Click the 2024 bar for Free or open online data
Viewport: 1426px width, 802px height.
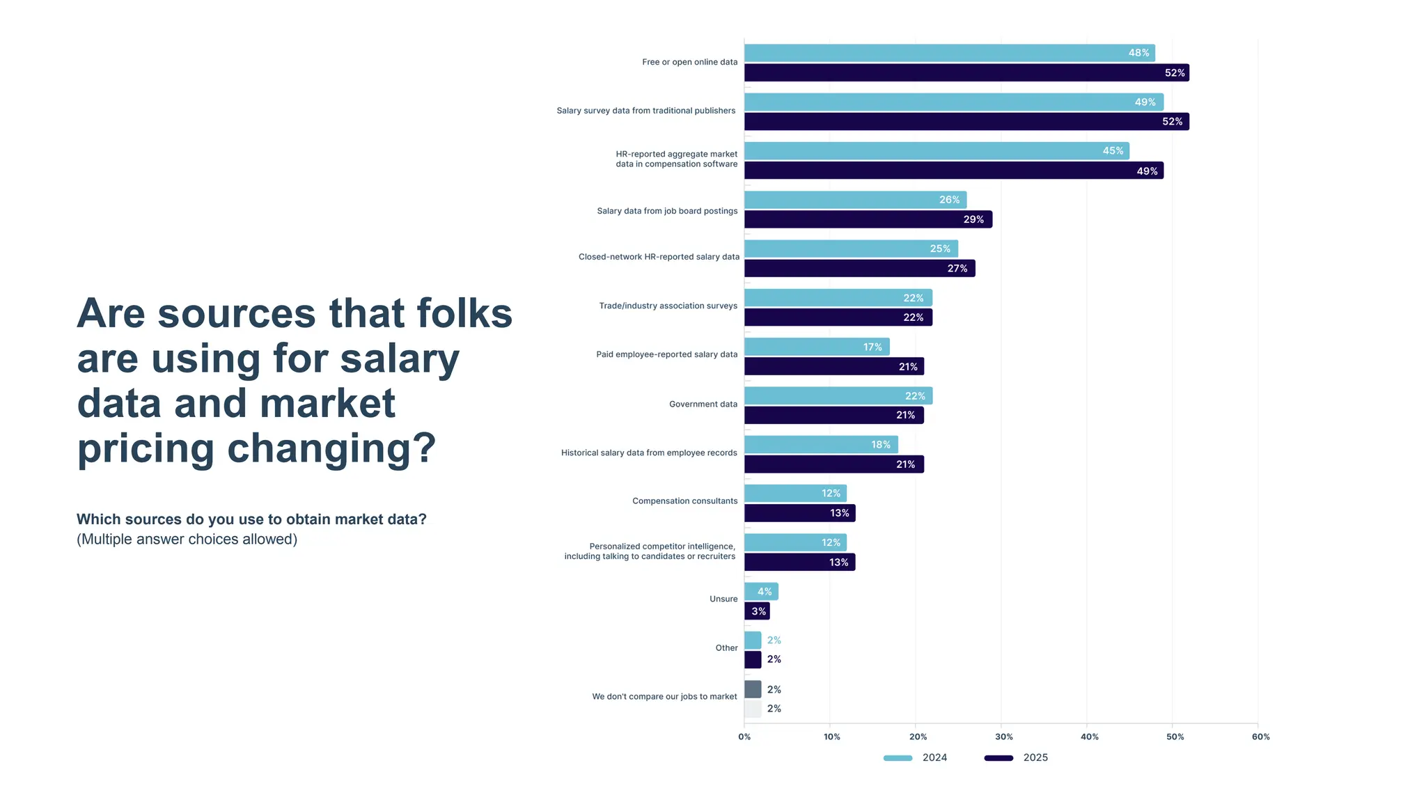coord(948,53)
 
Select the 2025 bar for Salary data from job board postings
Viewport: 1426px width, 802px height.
coord(868,219)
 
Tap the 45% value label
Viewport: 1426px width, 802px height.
coord(1112,151)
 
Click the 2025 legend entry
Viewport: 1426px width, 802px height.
coord(1016,757)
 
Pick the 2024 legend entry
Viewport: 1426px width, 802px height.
coord(915,757)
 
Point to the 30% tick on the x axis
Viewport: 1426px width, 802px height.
coord(1003,737)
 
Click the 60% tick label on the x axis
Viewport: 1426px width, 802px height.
coord(1260,737)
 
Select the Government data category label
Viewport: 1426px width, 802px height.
coord(703,404)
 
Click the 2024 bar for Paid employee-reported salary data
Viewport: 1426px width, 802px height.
coord(816,347)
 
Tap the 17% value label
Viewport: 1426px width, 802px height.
coord(872,347)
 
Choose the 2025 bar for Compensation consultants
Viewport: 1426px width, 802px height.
coord(799,513)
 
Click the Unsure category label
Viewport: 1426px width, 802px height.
coord(723,599)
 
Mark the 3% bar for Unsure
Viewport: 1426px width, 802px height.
coord(756,611)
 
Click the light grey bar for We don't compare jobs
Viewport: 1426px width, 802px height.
coord(753,709)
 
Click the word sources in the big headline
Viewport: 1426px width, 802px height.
coord(237,314)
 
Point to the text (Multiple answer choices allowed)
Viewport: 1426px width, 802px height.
coord(187,540)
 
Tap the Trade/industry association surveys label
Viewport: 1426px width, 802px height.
coord(668,306)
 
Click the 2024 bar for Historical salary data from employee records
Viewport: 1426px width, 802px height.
coord(820,444)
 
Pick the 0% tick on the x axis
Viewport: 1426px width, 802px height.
coord(744,737)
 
